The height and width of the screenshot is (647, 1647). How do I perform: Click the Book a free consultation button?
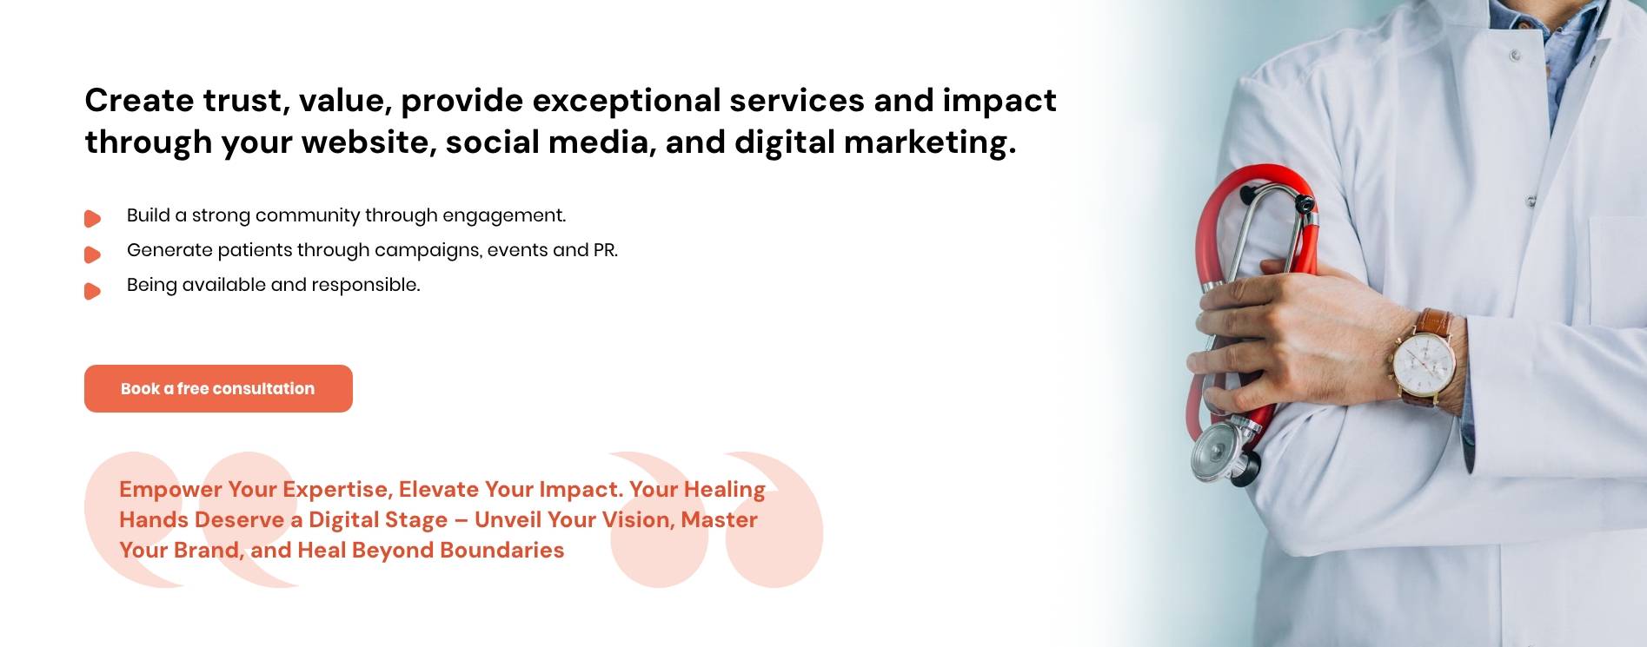pyautogui.click(x=218, y=388)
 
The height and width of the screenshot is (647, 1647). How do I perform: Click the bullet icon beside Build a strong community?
pyautogui.click(x=92, y=219)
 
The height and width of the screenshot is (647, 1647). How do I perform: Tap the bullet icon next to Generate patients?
pyautogui.click(x=92, y=254)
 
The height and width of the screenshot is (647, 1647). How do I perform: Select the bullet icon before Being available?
pyautogui.click(x=92, y=291)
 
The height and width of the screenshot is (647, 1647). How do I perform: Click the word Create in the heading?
pyautogui.click(x=139, y=101)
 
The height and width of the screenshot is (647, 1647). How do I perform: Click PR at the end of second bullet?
pyautogui.click(x=605, y=250)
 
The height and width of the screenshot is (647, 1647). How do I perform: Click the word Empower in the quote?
pyautogui.click(x=170, y=489)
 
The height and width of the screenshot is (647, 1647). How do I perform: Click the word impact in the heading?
pyautogui.click(x=999, y=101)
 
